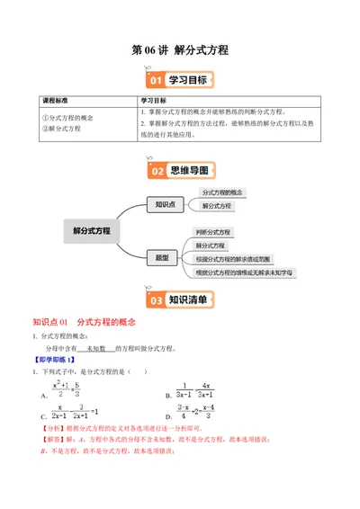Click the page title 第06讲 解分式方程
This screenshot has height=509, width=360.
pyautogui.click(x=180, y=50)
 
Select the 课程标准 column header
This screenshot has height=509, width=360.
pyautogui.click(x=58, y=101)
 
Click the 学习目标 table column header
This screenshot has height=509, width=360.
pyautogui.click(x=158, y=101)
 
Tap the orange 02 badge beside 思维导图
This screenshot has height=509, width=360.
pyautogui.click(x=156, y=170)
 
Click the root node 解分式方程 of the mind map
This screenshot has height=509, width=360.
pyautogui.click(x=92, y=230)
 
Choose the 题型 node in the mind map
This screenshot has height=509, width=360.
pyautogui.click(x=163, y=257)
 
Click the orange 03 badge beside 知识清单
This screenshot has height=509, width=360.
pyautogui.click(x=156, y=300)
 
